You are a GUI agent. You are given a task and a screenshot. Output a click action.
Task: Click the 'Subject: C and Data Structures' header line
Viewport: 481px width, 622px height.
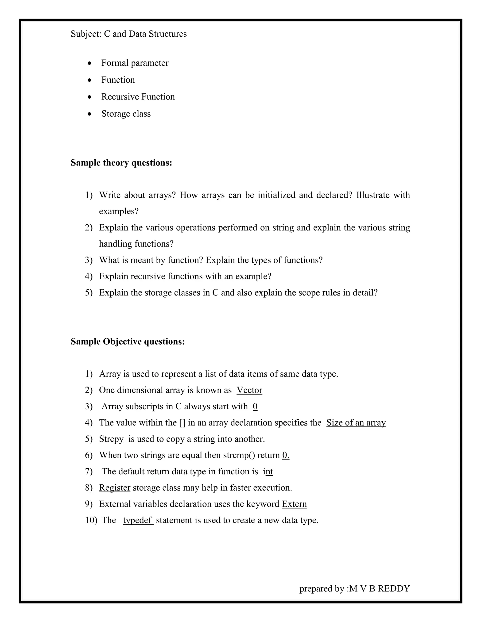point(128,34)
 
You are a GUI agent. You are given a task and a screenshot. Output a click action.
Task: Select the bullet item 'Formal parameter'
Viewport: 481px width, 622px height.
point(135,63)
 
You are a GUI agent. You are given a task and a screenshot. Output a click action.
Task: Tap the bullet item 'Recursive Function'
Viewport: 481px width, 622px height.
point(138,97)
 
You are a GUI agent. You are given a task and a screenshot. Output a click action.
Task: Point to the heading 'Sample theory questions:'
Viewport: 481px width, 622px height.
point(121,163)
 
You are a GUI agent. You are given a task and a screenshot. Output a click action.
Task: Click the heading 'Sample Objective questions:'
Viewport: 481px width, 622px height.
point(128,342)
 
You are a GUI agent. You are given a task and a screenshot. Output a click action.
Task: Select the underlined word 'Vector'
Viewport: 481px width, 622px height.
point(249,390)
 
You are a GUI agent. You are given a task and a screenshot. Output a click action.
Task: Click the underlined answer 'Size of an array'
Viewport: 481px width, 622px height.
point(356,423)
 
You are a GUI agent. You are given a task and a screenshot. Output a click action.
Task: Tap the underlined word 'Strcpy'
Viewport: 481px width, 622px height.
point(111,439)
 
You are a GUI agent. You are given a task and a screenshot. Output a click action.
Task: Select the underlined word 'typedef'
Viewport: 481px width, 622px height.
point(138,520)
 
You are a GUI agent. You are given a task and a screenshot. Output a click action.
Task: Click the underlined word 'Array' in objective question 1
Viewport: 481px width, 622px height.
point(110,374)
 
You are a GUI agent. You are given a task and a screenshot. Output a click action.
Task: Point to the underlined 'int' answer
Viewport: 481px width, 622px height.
point(268,471)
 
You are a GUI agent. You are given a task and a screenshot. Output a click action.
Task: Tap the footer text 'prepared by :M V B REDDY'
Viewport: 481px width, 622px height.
point(354,588)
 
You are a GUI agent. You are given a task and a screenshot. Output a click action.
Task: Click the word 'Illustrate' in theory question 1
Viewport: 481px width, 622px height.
point(373,195)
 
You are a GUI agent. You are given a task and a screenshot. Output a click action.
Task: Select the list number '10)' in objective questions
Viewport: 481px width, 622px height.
point(91,520)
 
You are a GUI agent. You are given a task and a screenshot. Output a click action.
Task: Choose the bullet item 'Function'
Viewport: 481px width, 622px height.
point(118,80)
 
